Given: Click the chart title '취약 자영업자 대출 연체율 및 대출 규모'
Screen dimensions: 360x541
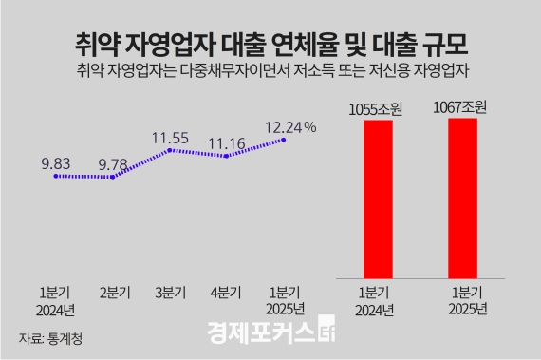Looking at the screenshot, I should coord(270,43).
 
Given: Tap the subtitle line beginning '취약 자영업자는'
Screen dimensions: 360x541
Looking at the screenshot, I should coord(270,72).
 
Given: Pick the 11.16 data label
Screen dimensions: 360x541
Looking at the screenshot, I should coord(227,142).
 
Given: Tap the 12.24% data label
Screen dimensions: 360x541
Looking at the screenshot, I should coord(290,126).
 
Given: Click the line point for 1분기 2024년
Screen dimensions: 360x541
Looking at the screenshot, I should coord(55,176).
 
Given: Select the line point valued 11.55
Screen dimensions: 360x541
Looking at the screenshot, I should coord(170,150).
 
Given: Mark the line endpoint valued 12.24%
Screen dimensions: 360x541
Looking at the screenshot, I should coord(284,141).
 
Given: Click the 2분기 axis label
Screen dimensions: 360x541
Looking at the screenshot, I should coord(114,293).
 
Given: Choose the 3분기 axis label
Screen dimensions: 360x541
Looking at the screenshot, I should coord(171,293).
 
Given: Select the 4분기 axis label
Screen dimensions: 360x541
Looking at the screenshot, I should coord(228,293).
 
